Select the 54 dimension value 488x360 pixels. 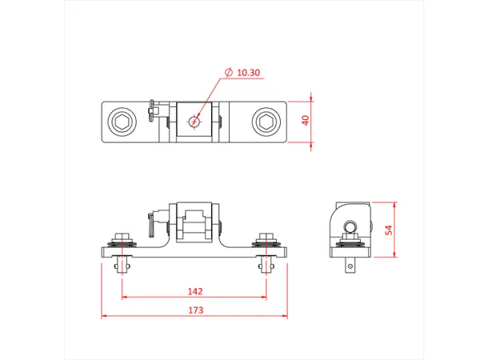[389, 230]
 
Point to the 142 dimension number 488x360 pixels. [194, 290]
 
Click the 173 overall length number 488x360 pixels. [194, 310]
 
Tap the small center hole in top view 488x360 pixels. [194, 122]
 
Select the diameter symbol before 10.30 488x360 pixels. [230, 73]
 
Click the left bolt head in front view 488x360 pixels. [122, 238]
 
